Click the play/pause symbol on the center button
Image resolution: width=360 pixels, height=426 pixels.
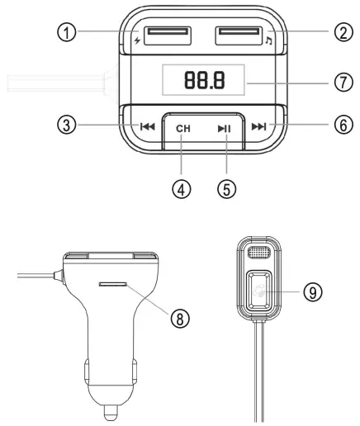[x=225, y=128]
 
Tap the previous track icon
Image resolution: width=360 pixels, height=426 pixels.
[x=147, y=127]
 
